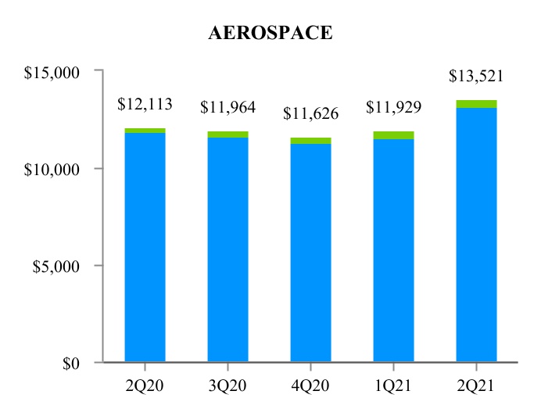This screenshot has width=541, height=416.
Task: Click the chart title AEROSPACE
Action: pos(270,34)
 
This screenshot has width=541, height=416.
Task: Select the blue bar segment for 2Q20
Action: pos(145,247)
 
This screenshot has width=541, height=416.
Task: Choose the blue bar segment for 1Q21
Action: pos(393,250)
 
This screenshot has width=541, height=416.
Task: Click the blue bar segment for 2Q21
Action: pos(477,235)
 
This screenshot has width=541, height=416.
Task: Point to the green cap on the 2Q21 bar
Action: pos(477,104)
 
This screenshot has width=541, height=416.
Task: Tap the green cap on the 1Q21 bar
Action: pos(393,135)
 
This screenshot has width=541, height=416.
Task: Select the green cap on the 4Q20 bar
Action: pos(310,141)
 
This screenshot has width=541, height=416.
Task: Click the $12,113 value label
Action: pos(145,104)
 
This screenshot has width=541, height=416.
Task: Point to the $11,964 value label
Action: pos(228,107)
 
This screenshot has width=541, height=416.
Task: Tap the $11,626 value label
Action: pos(310,114)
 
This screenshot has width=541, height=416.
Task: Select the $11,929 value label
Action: pos(393,107)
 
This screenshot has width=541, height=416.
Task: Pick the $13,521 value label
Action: pos(476,77)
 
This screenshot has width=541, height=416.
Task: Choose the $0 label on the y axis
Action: pos(73,363)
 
